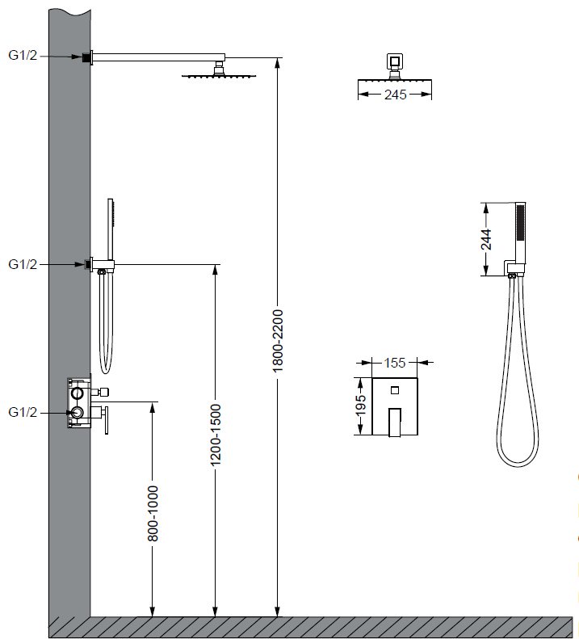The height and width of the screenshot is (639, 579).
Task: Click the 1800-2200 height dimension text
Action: [278, 341]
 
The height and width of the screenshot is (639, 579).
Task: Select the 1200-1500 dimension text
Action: [215, 435]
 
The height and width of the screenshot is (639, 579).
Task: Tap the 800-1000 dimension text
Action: [153, 513]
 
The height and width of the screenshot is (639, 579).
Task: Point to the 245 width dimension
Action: [395, 95]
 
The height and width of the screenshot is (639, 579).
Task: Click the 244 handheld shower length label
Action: [485, 239]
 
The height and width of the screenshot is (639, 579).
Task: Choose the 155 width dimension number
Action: [394, 362]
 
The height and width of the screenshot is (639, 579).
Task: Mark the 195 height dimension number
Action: [361, 406]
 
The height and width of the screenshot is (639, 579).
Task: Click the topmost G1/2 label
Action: [23, 55]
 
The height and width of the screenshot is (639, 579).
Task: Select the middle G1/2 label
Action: [23, 264]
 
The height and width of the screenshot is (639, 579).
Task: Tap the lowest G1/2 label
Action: [23, 412]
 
